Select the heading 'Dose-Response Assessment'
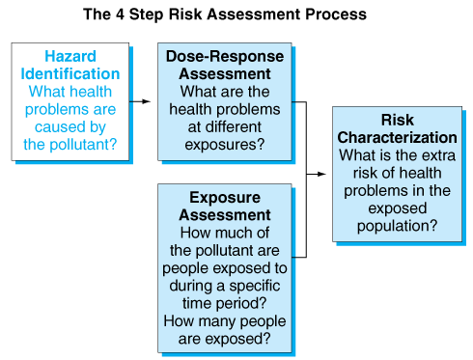224,66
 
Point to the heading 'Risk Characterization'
397,129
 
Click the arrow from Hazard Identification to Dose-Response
139,100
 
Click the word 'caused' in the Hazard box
70,125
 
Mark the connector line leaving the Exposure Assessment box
299,257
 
